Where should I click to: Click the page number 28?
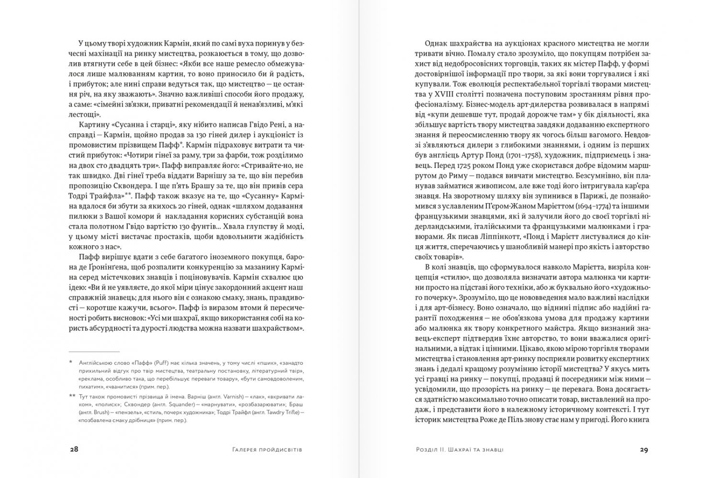[x=74, y=449]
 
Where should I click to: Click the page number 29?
[x=644, y=449]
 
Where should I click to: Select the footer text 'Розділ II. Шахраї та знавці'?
[x=460, y=450]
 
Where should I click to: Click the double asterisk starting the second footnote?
[x=72, y=396]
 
